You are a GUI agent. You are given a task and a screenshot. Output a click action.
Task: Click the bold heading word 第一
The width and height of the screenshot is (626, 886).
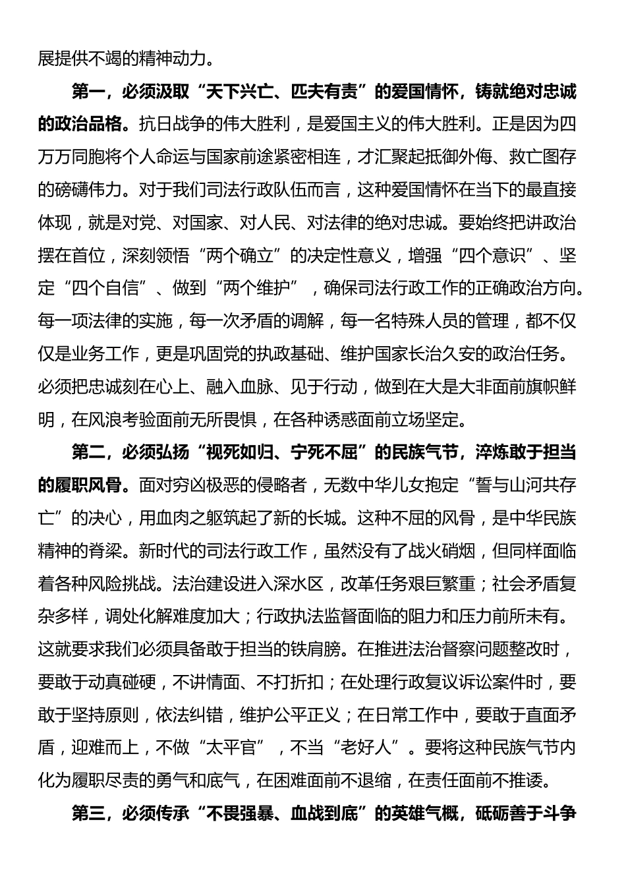tap(88, 91)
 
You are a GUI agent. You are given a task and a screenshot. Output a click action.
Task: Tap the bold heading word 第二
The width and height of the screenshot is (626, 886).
tap(88, 452)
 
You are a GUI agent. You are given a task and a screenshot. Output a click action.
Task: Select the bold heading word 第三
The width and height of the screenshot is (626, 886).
tap(88, 813)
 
